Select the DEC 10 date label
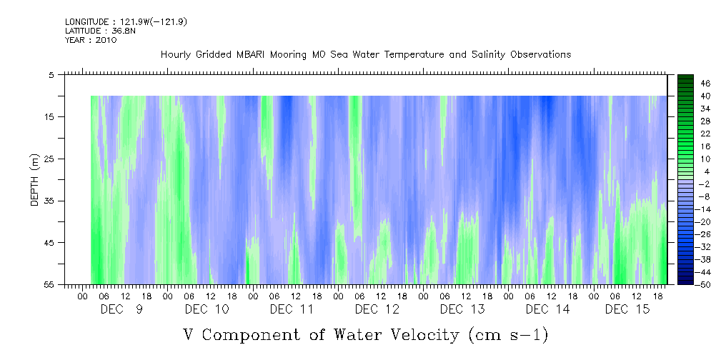tap(207, 309)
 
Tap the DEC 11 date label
tap(292, 309)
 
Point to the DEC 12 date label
tap(377, 309)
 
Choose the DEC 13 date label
tap(462, 309)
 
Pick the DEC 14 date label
tap(548, 309)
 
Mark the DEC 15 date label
tap(627, 309)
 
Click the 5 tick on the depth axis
tap(51, 74)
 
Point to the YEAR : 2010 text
tap(91, 40)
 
